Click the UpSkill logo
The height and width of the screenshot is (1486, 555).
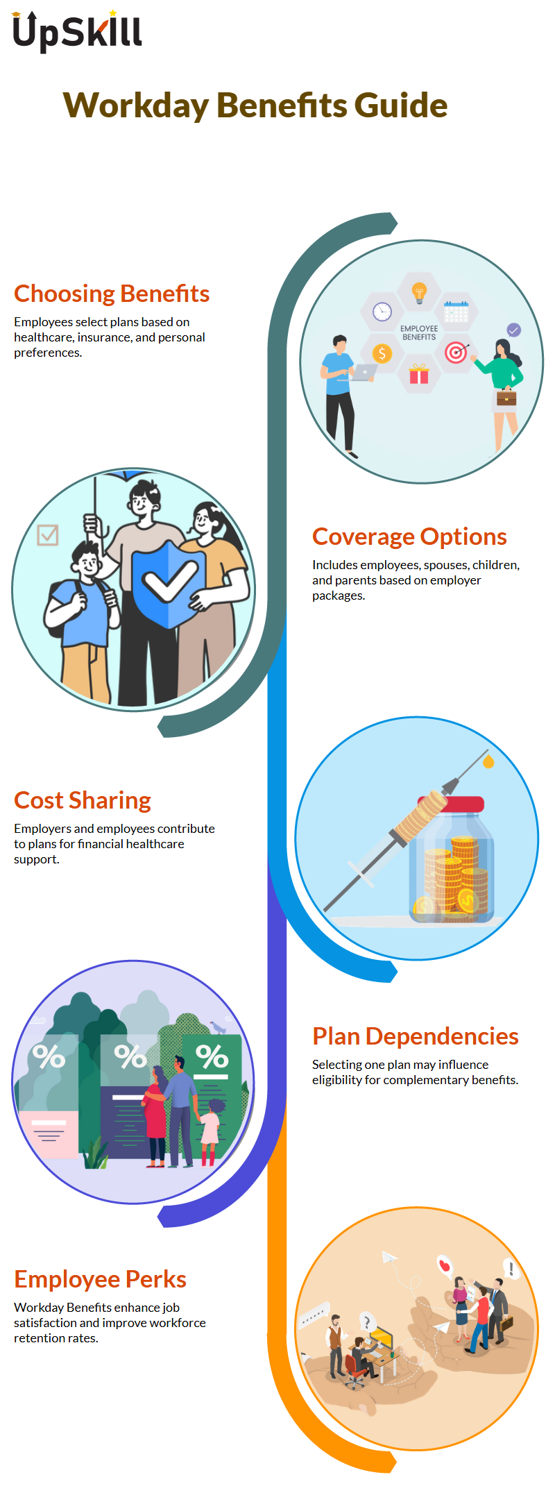coord(77,31)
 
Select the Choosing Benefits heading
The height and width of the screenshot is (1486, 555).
coord(112,294)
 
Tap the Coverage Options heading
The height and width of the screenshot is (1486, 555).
coord(409,537)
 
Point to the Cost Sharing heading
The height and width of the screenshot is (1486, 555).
coord(83,800)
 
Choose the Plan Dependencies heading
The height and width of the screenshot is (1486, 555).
coord(415,1036)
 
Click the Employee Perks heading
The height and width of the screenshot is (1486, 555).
coord(100,1279)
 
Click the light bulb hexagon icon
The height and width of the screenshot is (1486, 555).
coord(418,292)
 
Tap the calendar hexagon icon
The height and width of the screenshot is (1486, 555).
coord(456,312)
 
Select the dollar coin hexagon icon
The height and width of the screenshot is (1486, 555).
coord(382,354)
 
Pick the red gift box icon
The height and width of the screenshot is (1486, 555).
coord(419,375)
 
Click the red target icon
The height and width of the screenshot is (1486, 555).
coord(456,353)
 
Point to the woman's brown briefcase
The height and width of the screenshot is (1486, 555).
coord(506,397)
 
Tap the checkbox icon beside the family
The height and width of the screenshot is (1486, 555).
coord(47,535)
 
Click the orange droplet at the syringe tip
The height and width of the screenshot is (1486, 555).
coord(488,761)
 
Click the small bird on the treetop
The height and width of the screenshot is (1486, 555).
coord(219,1027)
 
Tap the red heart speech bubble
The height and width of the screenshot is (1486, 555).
coord(444,1266)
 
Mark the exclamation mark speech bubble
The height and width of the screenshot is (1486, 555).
coord(511,1269)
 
